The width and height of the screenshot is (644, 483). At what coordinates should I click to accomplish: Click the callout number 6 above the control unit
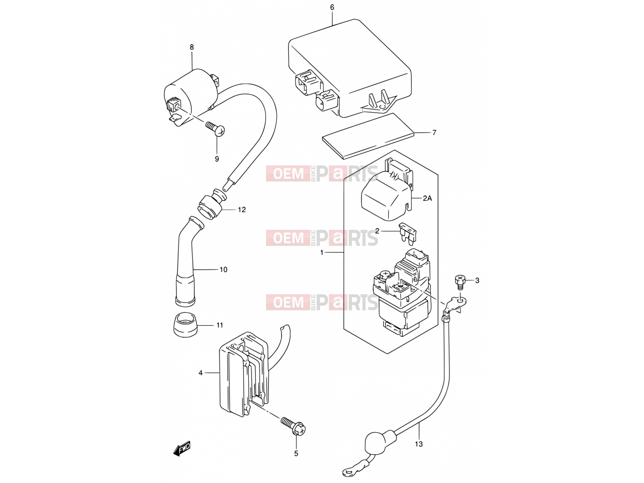[332, 7]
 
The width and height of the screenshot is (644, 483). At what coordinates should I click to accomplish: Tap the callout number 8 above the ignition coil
[192, 47]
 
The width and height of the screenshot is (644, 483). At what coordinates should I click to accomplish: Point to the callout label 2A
[427, 198]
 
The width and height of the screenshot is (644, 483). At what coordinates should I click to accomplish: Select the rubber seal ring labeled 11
[185, 324]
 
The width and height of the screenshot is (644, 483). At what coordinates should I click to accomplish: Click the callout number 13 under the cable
[419, 444]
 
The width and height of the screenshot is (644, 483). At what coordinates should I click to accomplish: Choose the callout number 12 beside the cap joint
[242, 210]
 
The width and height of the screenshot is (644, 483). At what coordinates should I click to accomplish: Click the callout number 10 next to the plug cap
[223, 270]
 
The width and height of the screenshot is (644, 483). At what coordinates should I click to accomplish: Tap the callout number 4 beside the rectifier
[200, 373]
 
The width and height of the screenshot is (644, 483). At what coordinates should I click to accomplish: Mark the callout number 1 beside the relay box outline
[322, 252]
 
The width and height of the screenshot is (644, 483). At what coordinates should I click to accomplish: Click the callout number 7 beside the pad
[434, 133]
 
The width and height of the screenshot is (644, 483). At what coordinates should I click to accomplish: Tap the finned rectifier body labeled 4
[244, 374]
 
